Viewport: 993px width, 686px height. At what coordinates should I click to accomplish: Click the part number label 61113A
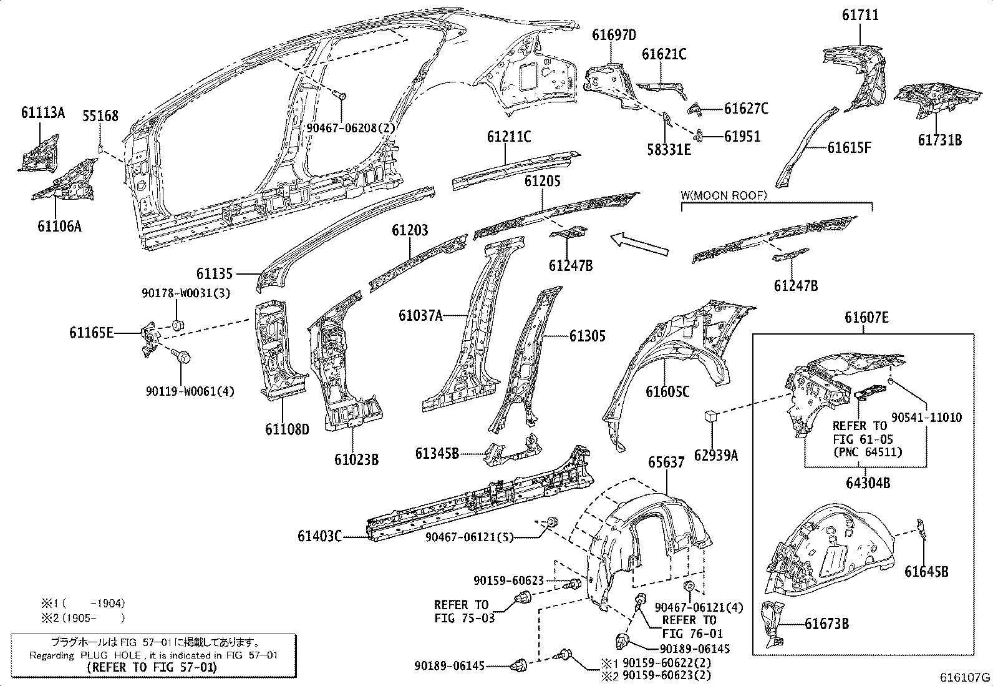[42, 113]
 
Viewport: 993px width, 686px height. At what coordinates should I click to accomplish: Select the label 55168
[100, 116]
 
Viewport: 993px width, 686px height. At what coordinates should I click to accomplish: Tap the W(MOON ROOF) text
[723, 195]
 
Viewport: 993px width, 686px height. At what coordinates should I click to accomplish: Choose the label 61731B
[939, 140]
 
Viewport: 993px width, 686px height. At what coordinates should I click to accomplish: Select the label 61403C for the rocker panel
[320, 536]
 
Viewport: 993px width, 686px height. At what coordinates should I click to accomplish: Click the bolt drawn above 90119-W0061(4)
[182, 357]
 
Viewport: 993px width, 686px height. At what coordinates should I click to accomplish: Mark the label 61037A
[420, 316]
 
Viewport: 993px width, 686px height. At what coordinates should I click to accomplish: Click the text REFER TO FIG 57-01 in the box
[153, 667]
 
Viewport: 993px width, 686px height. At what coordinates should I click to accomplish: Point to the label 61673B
[826, 624]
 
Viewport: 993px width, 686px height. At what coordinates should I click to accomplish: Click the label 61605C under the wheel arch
[667, 392]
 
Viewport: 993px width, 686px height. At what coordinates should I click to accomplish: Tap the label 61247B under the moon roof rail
[796, 286]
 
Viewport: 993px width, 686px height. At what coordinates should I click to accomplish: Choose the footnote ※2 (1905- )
[83, 618]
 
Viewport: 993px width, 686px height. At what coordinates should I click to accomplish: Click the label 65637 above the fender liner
[666, 463]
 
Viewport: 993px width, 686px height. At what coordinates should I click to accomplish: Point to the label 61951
[742, 136]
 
